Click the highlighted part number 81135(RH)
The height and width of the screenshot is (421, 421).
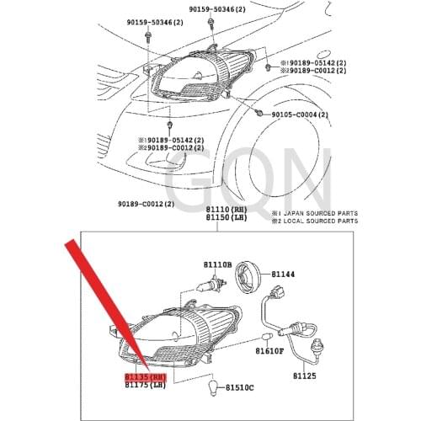[x=146, y=378]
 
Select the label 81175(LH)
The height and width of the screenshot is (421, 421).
[x=146, y=386]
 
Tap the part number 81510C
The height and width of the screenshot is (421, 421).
[x=237, y=387]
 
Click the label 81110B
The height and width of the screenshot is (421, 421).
[x=216, y=265]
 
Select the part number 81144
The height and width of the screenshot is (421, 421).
[x=283, y=274]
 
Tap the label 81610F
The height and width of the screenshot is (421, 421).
[x=269, y=350]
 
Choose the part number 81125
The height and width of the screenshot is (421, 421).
[x=304, y=377]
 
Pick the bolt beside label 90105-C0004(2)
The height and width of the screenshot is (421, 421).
[x=259, y=113]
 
